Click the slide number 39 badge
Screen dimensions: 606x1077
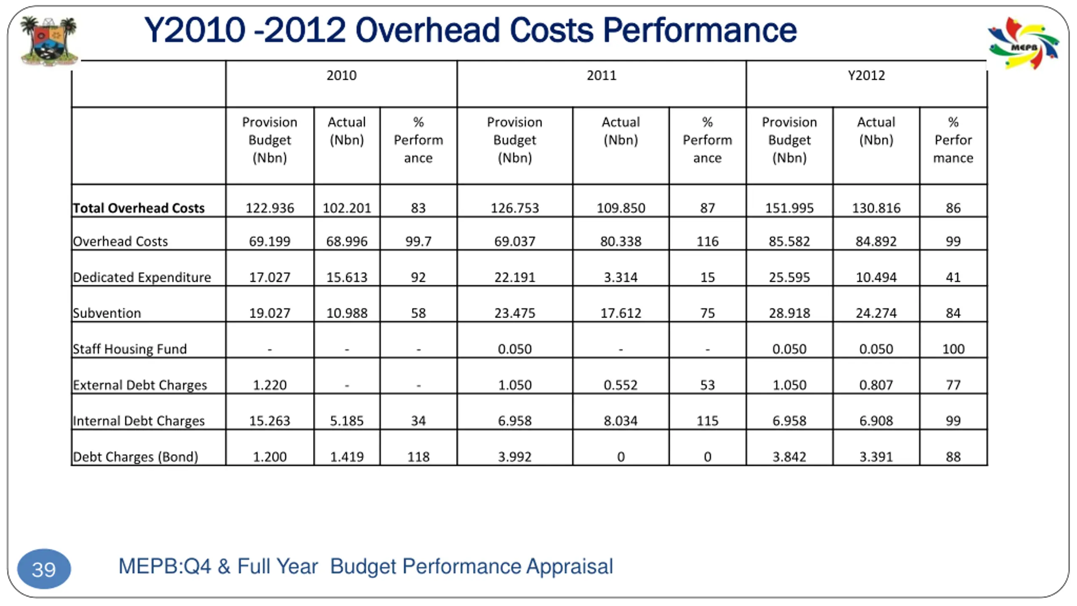(x=44, y=569)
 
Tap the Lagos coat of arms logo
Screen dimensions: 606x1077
(x=49, y=40)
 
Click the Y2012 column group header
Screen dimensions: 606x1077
(x=866, y=76)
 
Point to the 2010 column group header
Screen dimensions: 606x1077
(x=341, y=76)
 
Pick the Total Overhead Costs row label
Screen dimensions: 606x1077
(x=138, y=208)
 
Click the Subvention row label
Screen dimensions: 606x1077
(x=107, y=313)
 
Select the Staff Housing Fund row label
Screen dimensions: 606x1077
(x=130, y=349)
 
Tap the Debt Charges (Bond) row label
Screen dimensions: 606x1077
(x=135, y=457)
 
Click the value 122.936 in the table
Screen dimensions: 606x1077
(x=270, y=208)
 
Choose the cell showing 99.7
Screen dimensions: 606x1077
(x=418, y=241)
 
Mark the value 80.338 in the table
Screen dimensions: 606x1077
(x=621, y=241)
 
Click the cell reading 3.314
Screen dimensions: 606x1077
(x=621, y=277)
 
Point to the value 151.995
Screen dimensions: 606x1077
(x=789, y=208)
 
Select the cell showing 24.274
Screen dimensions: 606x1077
(x=876, y=313)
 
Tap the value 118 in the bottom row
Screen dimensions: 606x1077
(x=418, y=457)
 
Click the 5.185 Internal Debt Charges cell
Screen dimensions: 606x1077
(x=347, y=421)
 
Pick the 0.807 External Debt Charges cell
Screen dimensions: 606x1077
(x=876, y=385)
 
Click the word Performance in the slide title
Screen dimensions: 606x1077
(x=700, y=30)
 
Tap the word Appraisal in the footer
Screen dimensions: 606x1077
(x=570, y=566)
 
